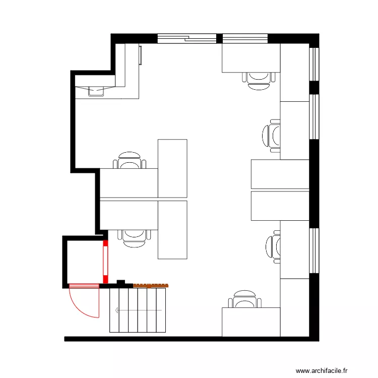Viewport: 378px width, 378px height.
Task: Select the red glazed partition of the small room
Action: click(x=106, y=263)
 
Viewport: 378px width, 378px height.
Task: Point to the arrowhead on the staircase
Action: click(x=116, y=310)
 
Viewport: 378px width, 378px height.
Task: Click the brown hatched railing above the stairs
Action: click(x=150, y=285)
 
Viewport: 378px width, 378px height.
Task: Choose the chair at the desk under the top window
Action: click(x=260, y=80)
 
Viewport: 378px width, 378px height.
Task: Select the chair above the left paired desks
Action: click(x=130, y=160)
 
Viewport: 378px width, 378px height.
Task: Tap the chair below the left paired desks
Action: click(x=134, y=235)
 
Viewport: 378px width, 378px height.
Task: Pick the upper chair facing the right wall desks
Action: click(x=272, y=136)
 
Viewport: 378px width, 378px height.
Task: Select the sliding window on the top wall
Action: click(x=186, y=38)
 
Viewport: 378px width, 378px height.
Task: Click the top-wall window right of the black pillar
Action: click(x=245, y=38)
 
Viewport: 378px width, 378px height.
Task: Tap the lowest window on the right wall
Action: click(x=314, y=251)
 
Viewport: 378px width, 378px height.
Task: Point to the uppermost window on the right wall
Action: click(x=314, y=64)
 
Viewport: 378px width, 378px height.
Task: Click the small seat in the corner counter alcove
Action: click(x=96, y=90)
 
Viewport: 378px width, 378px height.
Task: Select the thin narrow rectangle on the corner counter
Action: click(x=141, y=55)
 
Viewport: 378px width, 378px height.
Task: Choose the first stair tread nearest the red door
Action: click(x=114, y=310)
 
